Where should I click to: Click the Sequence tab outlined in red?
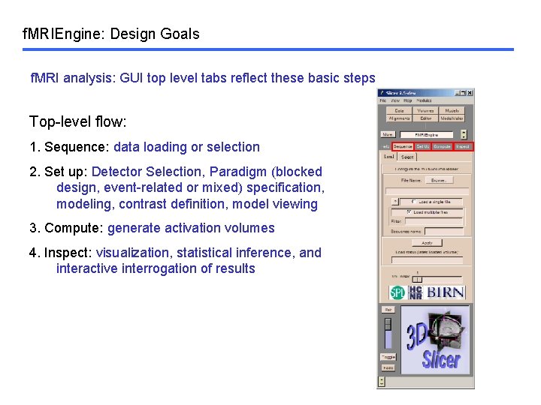[x=402, y=146]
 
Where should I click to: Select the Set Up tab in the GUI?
[x=422, y=146]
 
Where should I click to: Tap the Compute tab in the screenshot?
[x=442, y=146]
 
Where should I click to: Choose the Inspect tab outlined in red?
[x=463, y=146]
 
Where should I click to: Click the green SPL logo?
[x=396, y=292]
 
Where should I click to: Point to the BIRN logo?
[x=446, y=292]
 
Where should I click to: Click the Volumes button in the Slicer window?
[x=425, y=110]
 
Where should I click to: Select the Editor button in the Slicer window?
[x=425, y=118]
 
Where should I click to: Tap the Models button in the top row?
[x=452, y=110]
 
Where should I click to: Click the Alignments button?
[x=399, y=118]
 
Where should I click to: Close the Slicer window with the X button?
[x=470, y=92]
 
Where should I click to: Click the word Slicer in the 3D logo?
[x=441, y=359]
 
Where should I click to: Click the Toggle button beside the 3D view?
[x=388, y=357]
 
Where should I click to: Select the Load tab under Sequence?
[x=388, y=157]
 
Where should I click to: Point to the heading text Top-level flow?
[x=77, y=121]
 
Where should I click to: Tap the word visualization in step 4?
[x=141, y=253]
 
